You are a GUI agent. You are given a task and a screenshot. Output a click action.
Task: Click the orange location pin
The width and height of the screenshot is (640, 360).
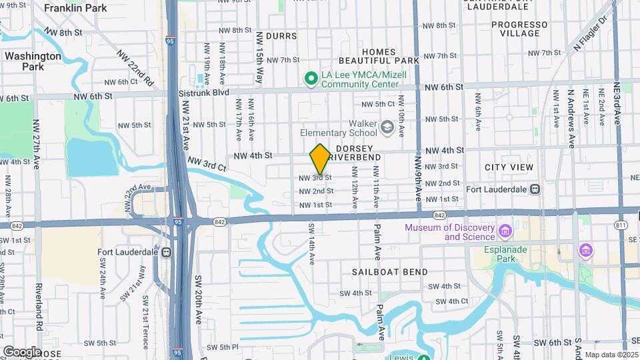(x=320, y=159)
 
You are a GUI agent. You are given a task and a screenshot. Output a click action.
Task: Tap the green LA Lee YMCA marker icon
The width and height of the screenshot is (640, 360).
(x=310, y=79)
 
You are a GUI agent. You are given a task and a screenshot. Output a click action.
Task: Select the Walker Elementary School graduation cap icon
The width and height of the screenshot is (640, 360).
(x=387, y=127)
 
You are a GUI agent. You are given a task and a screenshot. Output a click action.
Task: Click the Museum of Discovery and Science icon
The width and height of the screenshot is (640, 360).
(x=505, y=232)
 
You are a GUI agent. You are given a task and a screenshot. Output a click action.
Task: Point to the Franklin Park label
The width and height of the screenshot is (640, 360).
(x=75, y=9)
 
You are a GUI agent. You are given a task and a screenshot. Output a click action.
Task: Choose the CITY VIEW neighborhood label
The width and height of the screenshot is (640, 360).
(x=509, y=167)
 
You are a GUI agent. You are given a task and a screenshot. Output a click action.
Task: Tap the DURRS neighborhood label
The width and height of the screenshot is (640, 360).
(x=280, y=35)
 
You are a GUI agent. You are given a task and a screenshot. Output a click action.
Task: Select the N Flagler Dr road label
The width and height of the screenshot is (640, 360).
(x=591, y=33)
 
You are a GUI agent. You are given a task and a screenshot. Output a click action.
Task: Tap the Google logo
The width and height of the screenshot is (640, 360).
(x=21, y=351)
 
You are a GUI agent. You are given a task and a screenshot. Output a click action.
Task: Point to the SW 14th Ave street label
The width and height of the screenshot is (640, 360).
(x=311, y=244)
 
